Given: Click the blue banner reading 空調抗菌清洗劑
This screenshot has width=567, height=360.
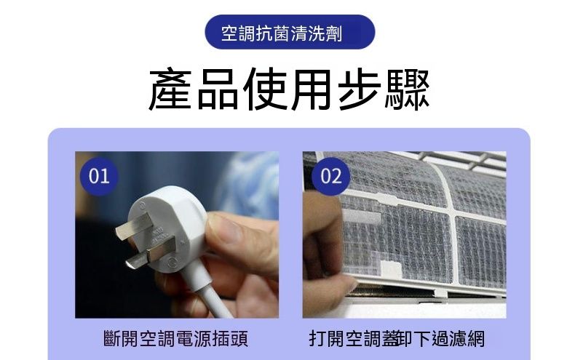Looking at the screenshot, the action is [290, 32].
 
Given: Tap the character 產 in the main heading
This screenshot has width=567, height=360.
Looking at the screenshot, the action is [170, 89].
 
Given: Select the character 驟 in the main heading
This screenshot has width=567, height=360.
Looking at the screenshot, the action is [407, 89].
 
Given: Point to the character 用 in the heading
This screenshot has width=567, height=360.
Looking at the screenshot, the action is [311, 89].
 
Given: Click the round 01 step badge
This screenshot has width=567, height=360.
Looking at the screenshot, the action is [99, 177].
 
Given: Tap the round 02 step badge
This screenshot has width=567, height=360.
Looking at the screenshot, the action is [331, 177].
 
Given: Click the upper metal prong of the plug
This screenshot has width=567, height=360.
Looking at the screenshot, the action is [134, 225].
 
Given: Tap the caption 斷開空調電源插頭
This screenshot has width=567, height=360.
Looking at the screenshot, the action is [175, 339].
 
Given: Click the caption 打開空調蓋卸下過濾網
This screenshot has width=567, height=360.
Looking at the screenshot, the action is [397, 339].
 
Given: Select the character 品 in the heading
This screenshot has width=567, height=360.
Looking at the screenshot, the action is [218, 89].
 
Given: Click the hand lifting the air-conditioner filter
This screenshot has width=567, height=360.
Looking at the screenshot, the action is [325, 253].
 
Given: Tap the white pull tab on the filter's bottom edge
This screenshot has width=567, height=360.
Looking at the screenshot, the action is [391, 269].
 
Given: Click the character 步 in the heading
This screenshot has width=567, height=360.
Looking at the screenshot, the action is [360, 89].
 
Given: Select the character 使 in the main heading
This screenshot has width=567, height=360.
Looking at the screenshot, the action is [265, 89].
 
